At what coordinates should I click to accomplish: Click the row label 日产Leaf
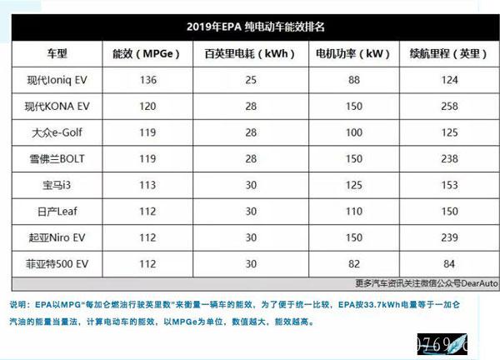coord(50,212)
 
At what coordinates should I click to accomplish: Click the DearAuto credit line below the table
coord(426,282)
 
